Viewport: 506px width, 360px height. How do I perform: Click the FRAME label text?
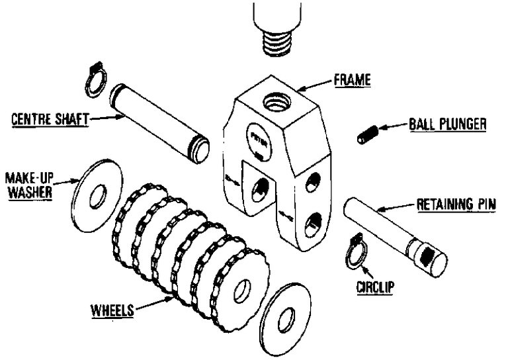[x=352, y=81]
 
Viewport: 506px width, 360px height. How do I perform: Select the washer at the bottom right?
[x=286, y=319]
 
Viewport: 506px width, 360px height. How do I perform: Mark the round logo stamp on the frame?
[x=257, y=137]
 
